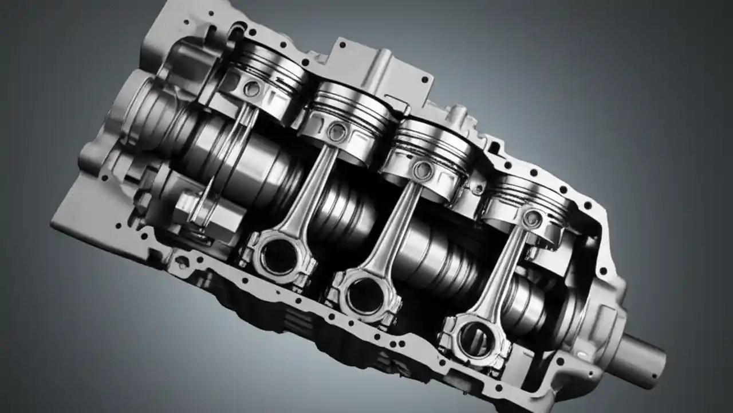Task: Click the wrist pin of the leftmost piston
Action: coord(251,89)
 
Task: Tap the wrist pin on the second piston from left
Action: coord(337,133)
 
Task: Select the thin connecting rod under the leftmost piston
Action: coord(229,155)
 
